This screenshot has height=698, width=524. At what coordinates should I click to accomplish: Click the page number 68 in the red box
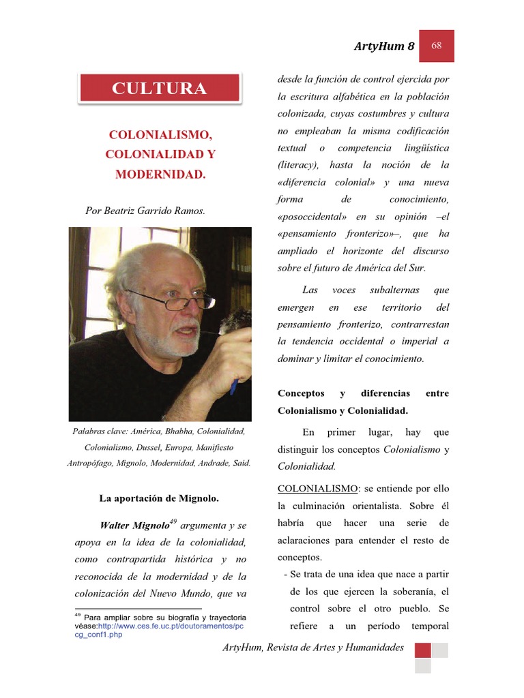(436, 46)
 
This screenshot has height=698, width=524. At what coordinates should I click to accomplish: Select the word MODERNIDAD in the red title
(160, 174)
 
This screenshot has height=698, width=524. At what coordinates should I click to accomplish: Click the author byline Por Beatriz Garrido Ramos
(145, 211)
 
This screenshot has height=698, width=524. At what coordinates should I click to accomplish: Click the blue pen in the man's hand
(234, 386)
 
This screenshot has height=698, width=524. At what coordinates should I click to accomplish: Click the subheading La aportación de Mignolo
(159, 498)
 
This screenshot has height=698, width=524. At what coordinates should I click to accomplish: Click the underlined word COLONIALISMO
(317, 489)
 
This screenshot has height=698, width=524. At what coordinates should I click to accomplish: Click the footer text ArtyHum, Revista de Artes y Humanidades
(313, 648)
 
